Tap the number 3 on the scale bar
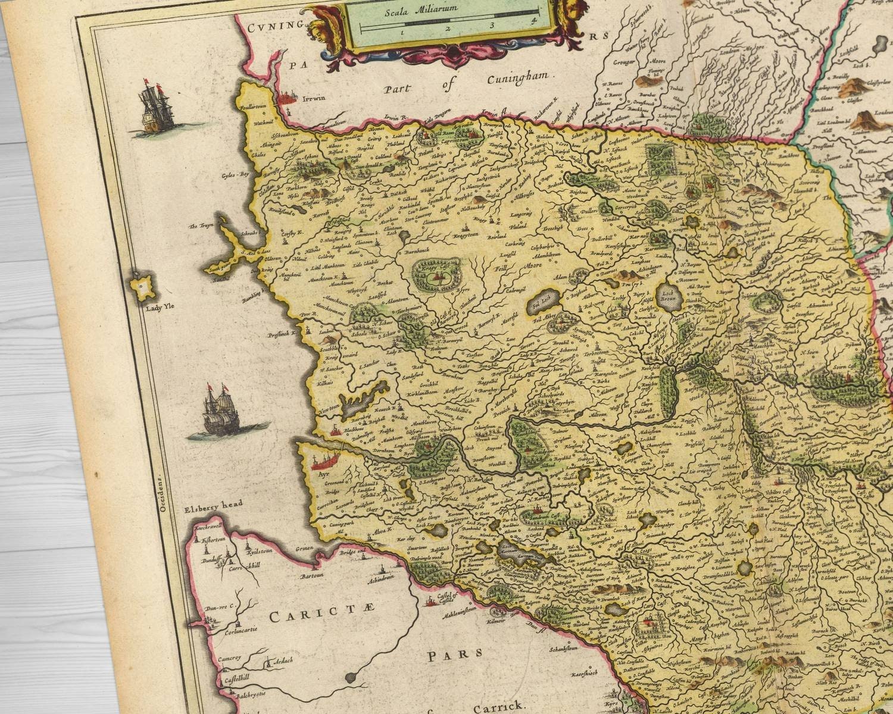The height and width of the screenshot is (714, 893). [492, 25]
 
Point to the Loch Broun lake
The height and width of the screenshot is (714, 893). [668, 294]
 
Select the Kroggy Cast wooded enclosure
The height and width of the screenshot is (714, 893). [438, 274]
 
